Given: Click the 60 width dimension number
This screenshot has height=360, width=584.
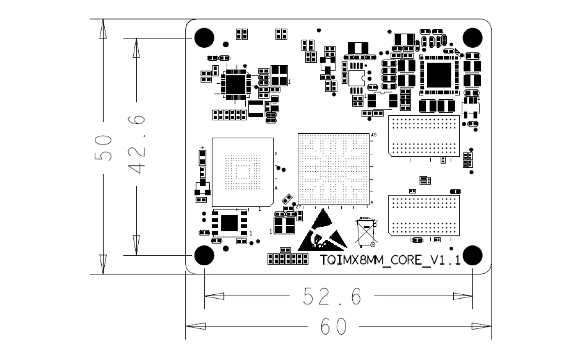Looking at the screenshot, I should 333,326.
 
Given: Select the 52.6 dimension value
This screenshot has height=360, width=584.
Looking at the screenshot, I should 332,296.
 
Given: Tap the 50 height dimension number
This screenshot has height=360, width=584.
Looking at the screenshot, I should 104,148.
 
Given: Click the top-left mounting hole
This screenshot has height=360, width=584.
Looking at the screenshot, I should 204,38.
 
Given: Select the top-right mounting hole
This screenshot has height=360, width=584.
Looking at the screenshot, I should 472,38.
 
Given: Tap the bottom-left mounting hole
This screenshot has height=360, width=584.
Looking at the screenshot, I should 204,255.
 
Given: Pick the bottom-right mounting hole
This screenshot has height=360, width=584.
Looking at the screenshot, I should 472,255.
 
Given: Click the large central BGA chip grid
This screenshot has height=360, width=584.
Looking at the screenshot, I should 334,169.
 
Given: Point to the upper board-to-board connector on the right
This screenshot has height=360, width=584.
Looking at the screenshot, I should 424,136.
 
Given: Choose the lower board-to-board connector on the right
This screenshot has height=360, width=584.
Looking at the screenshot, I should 424,216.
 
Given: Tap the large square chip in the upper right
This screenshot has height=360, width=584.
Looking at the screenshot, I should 439,75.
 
